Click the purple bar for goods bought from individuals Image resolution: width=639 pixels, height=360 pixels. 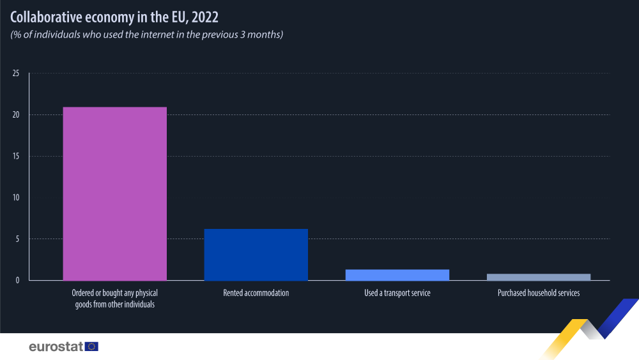pos(114,193)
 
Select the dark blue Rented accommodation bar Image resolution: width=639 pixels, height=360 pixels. pos(256,254)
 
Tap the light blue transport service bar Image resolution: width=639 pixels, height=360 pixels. pos(397,274)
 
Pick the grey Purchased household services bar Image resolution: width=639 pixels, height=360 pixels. pos(538,277)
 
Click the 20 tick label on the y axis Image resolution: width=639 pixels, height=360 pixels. pos(16,115)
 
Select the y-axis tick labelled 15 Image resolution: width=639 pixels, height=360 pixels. pos(16,156)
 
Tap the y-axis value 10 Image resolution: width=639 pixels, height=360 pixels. pos(16,198)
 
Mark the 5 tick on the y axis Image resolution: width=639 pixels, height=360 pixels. pos(18,239)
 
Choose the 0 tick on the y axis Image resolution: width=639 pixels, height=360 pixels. pos(18,280)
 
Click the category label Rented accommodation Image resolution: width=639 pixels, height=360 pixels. pos(256,293)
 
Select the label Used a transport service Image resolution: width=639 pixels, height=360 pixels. pos(397,293)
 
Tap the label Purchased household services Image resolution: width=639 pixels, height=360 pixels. pos(538,293)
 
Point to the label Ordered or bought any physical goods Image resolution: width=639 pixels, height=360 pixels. pos(114,299)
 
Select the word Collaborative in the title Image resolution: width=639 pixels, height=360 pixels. pos(44,16)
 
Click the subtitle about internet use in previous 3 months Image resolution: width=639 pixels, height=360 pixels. pos(146,35)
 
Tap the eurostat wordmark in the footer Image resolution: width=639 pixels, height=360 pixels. pos(56,347)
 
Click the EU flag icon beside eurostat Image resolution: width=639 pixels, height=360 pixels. pos(92,347)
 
